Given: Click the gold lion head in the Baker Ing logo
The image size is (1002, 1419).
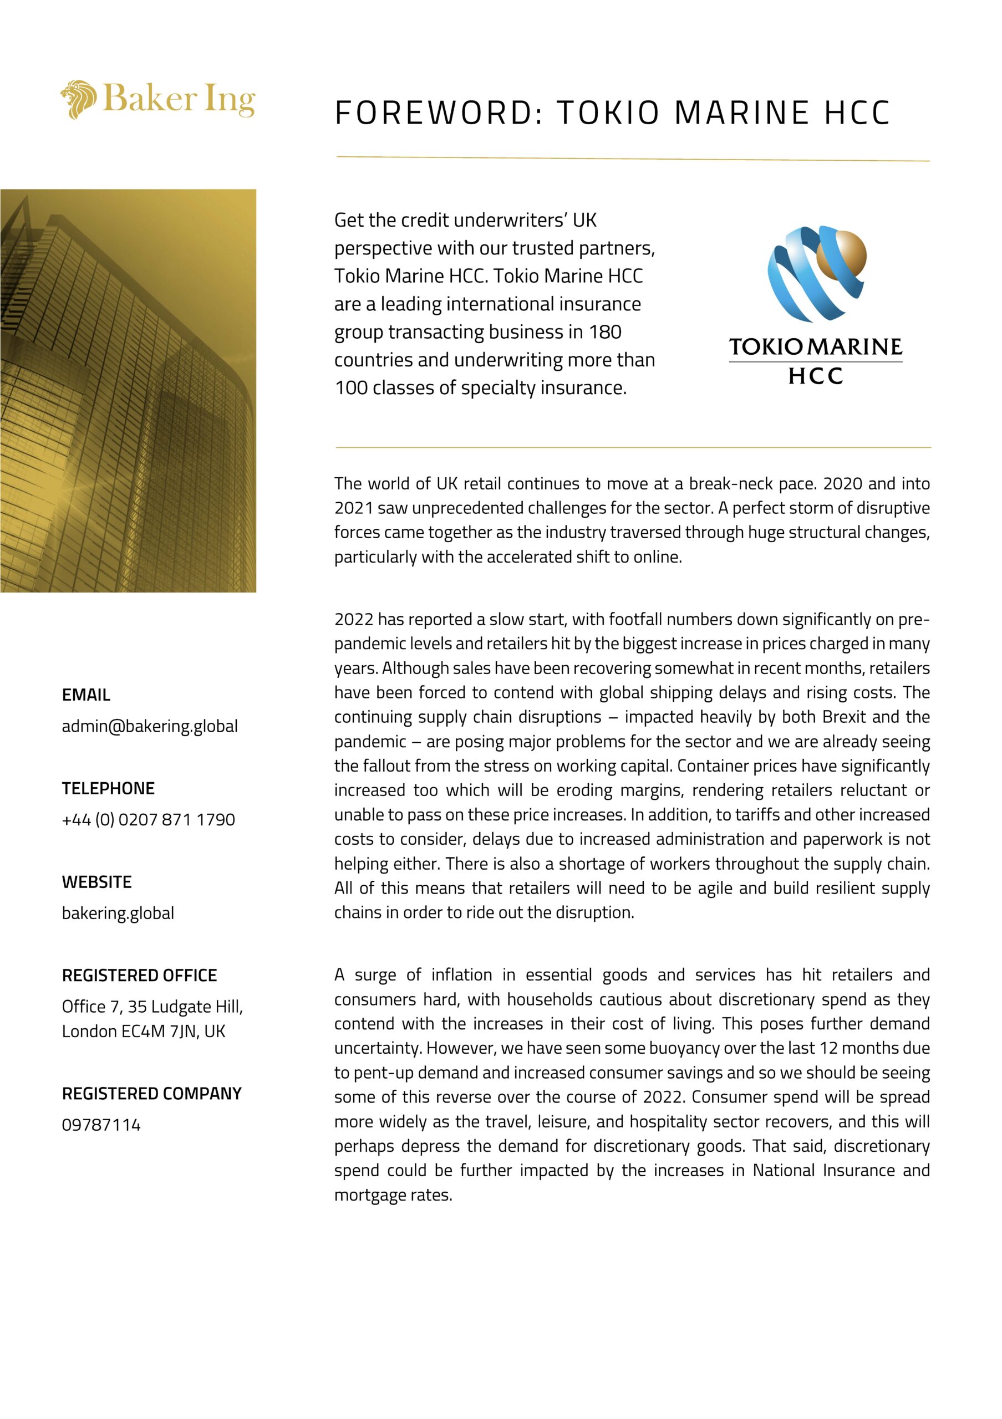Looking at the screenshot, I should click(x=78, y=99).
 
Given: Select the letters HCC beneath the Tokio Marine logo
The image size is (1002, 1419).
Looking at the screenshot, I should click(x=815, y=376).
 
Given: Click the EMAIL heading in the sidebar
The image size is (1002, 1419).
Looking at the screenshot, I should click(x=86, y=695).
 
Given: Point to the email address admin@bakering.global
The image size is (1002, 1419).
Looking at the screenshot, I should click(x=150, y=726).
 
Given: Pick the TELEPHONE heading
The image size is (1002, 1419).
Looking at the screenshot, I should click(x=108, y=788).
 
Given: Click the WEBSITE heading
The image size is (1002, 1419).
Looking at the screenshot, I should click(x=96, y=882).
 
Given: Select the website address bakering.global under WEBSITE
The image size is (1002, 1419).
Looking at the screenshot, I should click(x=118, y=913).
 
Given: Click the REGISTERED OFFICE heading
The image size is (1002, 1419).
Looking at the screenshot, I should click(x=139, y=975).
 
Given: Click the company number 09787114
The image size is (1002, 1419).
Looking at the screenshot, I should click(x=101, y=1125).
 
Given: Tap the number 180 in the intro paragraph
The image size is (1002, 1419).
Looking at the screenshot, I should click(x=605, y=332).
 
